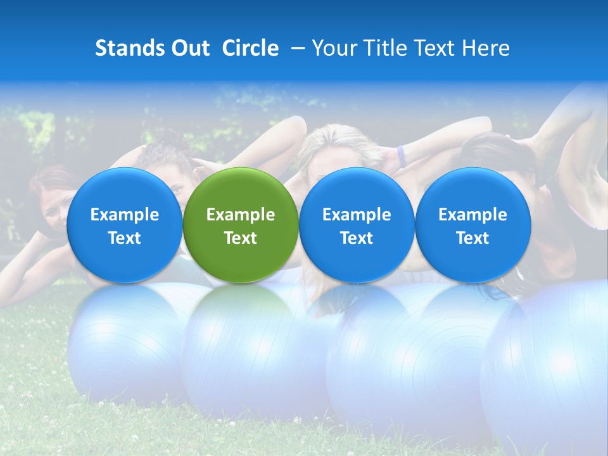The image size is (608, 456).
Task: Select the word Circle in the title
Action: [250, 48]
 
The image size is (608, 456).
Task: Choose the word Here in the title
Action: [486, 48]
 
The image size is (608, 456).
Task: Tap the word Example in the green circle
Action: [241, 215]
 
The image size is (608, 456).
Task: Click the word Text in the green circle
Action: [241, 238]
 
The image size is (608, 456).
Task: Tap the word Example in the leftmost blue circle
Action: [125, 215]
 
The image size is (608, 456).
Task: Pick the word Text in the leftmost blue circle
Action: [125, 238]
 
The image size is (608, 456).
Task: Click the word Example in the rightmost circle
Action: [473, 215]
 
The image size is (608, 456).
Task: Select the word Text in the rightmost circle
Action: [473, 238]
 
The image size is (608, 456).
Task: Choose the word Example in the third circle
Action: [357, 215]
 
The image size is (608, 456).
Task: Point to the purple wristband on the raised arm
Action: [401, 156]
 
